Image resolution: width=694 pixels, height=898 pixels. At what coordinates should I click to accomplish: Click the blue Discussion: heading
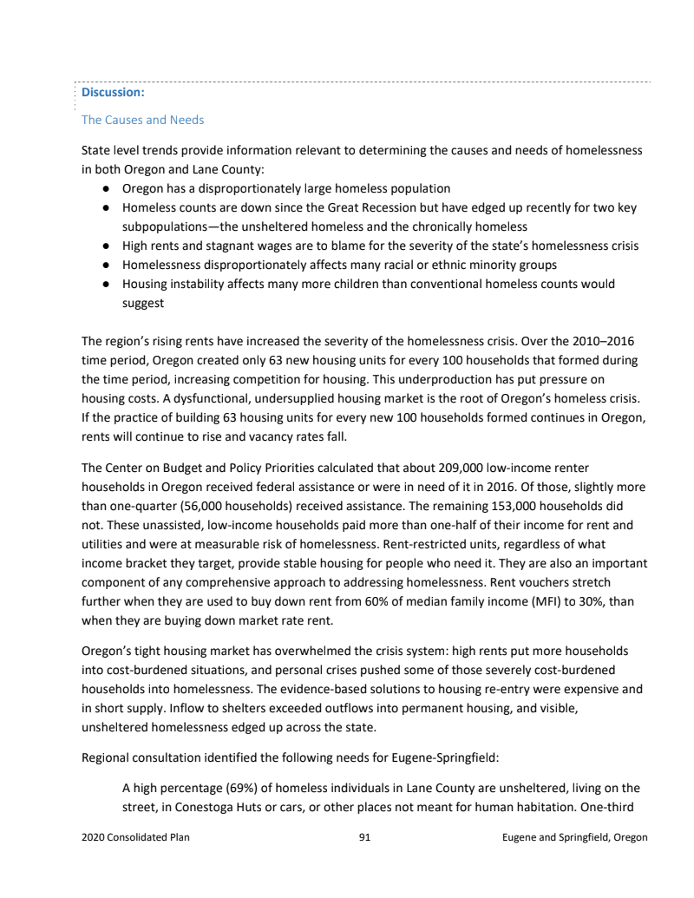113,91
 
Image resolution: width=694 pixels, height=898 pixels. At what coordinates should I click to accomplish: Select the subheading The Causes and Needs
142,120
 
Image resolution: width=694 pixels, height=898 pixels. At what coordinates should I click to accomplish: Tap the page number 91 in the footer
364,837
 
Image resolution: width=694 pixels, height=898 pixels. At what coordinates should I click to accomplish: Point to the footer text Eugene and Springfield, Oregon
574,837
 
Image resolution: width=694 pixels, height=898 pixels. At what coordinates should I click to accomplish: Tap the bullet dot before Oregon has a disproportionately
103,188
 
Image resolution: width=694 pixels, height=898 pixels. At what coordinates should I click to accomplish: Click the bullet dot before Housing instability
103,284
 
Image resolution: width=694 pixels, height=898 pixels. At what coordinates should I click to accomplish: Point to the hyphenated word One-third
612,807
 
